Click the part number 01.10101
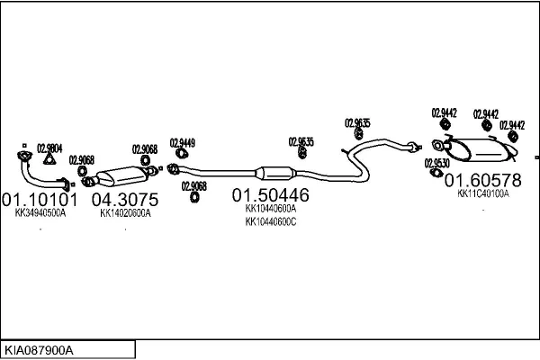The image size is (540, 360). tap(40, 198)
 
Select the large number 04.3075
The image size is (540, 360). tap(125, 198)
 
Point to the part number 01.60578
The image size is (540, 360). tap(482, 180)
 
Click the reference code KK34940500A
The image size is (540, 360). tap(40, 214)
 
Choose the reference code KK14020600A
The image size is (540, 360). tap(125, 214)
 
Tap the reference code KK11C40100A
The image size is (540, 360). tap(482, 193)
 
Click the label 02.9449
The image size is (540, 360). tap(182, 142)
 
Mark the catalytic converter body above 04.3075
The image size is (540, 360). tap(121, 174)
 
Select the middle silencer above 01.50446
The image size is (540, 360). tap(274, 173)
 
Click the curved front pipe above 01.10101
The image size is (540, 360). tap(34, 169)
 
